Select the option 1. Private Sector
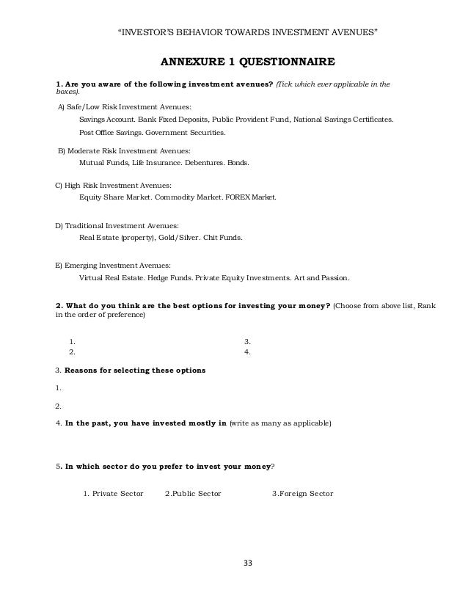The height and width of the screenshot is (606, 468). point(113,493)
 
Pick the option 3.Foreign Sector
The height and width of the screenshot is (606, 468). point(302,493)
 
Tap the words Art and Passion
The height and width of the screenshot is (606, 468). point(325,279)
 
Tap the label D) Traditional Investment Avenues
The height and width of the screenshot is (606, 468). point(117,225)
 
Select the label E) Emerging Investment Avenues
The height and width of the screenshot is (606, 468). point(114,265)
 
